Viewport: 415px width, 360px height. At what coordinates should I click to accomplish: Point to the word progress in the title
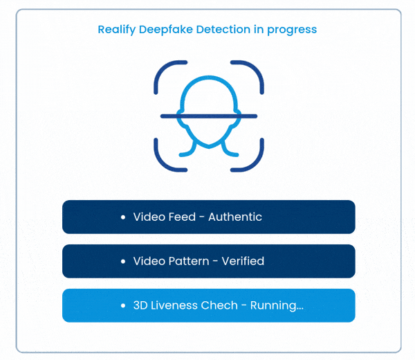pyautogui.click(x=293, y=30)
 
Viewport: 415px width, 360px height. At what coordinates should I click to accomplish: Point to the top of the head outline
pyautogui.click(x=208, y=79)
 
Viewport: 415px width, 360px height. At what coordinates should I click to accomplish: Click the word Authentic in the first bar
pyautogui.click(x=235, y=217)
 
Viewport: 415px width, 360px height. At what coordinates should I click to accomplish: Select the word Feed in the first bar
pyautogui.click(x=183, y=217)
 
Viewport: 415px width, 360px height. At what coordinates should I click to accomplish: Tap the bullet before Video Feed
pyautogui.click(x=122, y=217)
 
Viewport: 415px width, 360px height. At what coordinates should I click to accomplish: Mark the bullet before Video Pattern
pyautogui.click(x=122, y=262)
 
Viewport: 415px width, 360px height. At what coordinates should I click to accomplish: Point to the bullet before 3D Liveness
pyautogui.click(x=122, y=306)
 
